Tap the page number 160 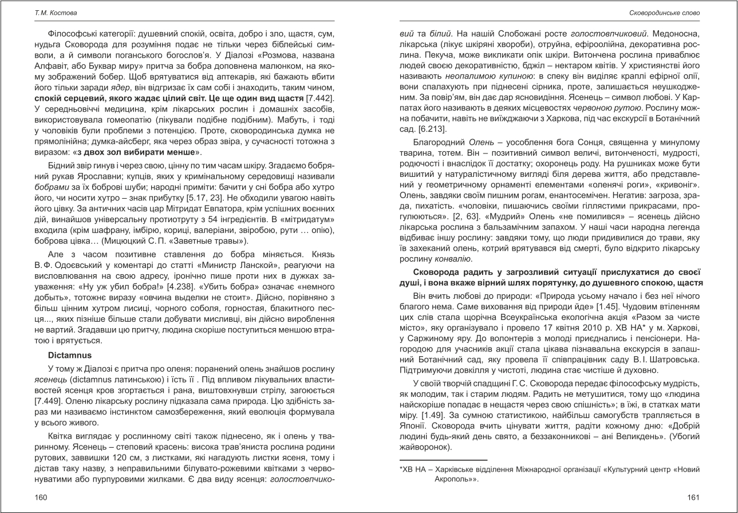click(41, 497)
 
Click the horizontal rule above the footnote click(443, 459)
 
